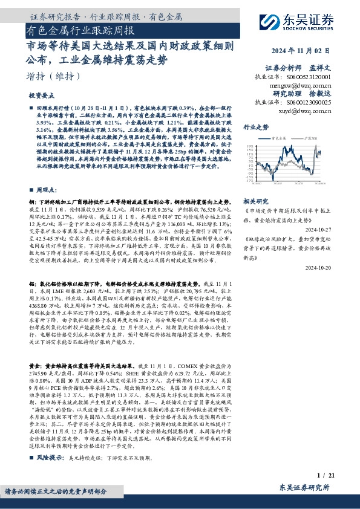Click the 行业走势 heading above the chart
[x=255, y=128]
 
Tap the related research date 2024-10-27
[x=333, y=229]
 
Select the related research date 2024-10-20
[x=333, y=267]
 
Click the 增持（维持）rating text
[x=54, y=77]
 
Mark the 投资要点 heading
[x=42, y=96]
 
